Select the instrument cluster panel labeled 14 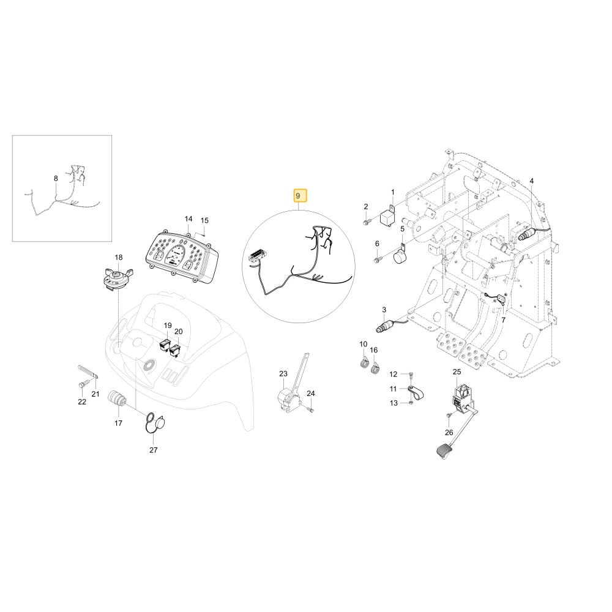182,258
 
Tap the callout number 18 119,257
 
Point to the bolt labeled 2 367,223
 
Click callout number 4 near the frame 532,181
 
